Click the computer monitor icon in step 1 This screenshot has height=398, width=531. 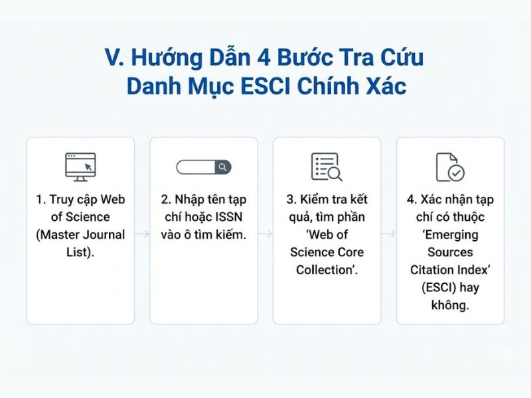80,166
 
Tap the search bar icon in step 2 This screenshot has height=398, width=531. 203,167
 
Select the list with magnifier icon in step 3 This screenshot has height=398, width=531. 327,166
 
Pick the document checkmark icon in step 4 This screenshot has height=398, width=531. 449,166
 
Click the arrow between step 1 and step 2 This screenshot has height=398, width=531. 142,234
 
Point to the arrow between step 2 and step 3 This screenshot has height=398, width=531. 265,234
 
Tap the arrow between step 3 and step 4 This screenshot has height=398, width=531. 389,234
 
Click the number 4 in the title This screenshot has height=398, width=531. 260,58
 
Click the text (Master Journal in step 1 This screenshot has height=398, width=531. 80,235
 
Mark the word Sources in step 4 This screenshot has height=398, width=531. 450,252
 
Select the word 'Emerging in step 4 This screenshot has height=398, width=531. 450,235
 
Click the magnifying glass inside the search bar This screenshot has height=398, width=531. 223,167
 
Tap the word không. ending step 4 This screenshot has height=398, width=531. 450,305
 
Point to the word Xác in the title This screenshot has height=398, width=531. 381,86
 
